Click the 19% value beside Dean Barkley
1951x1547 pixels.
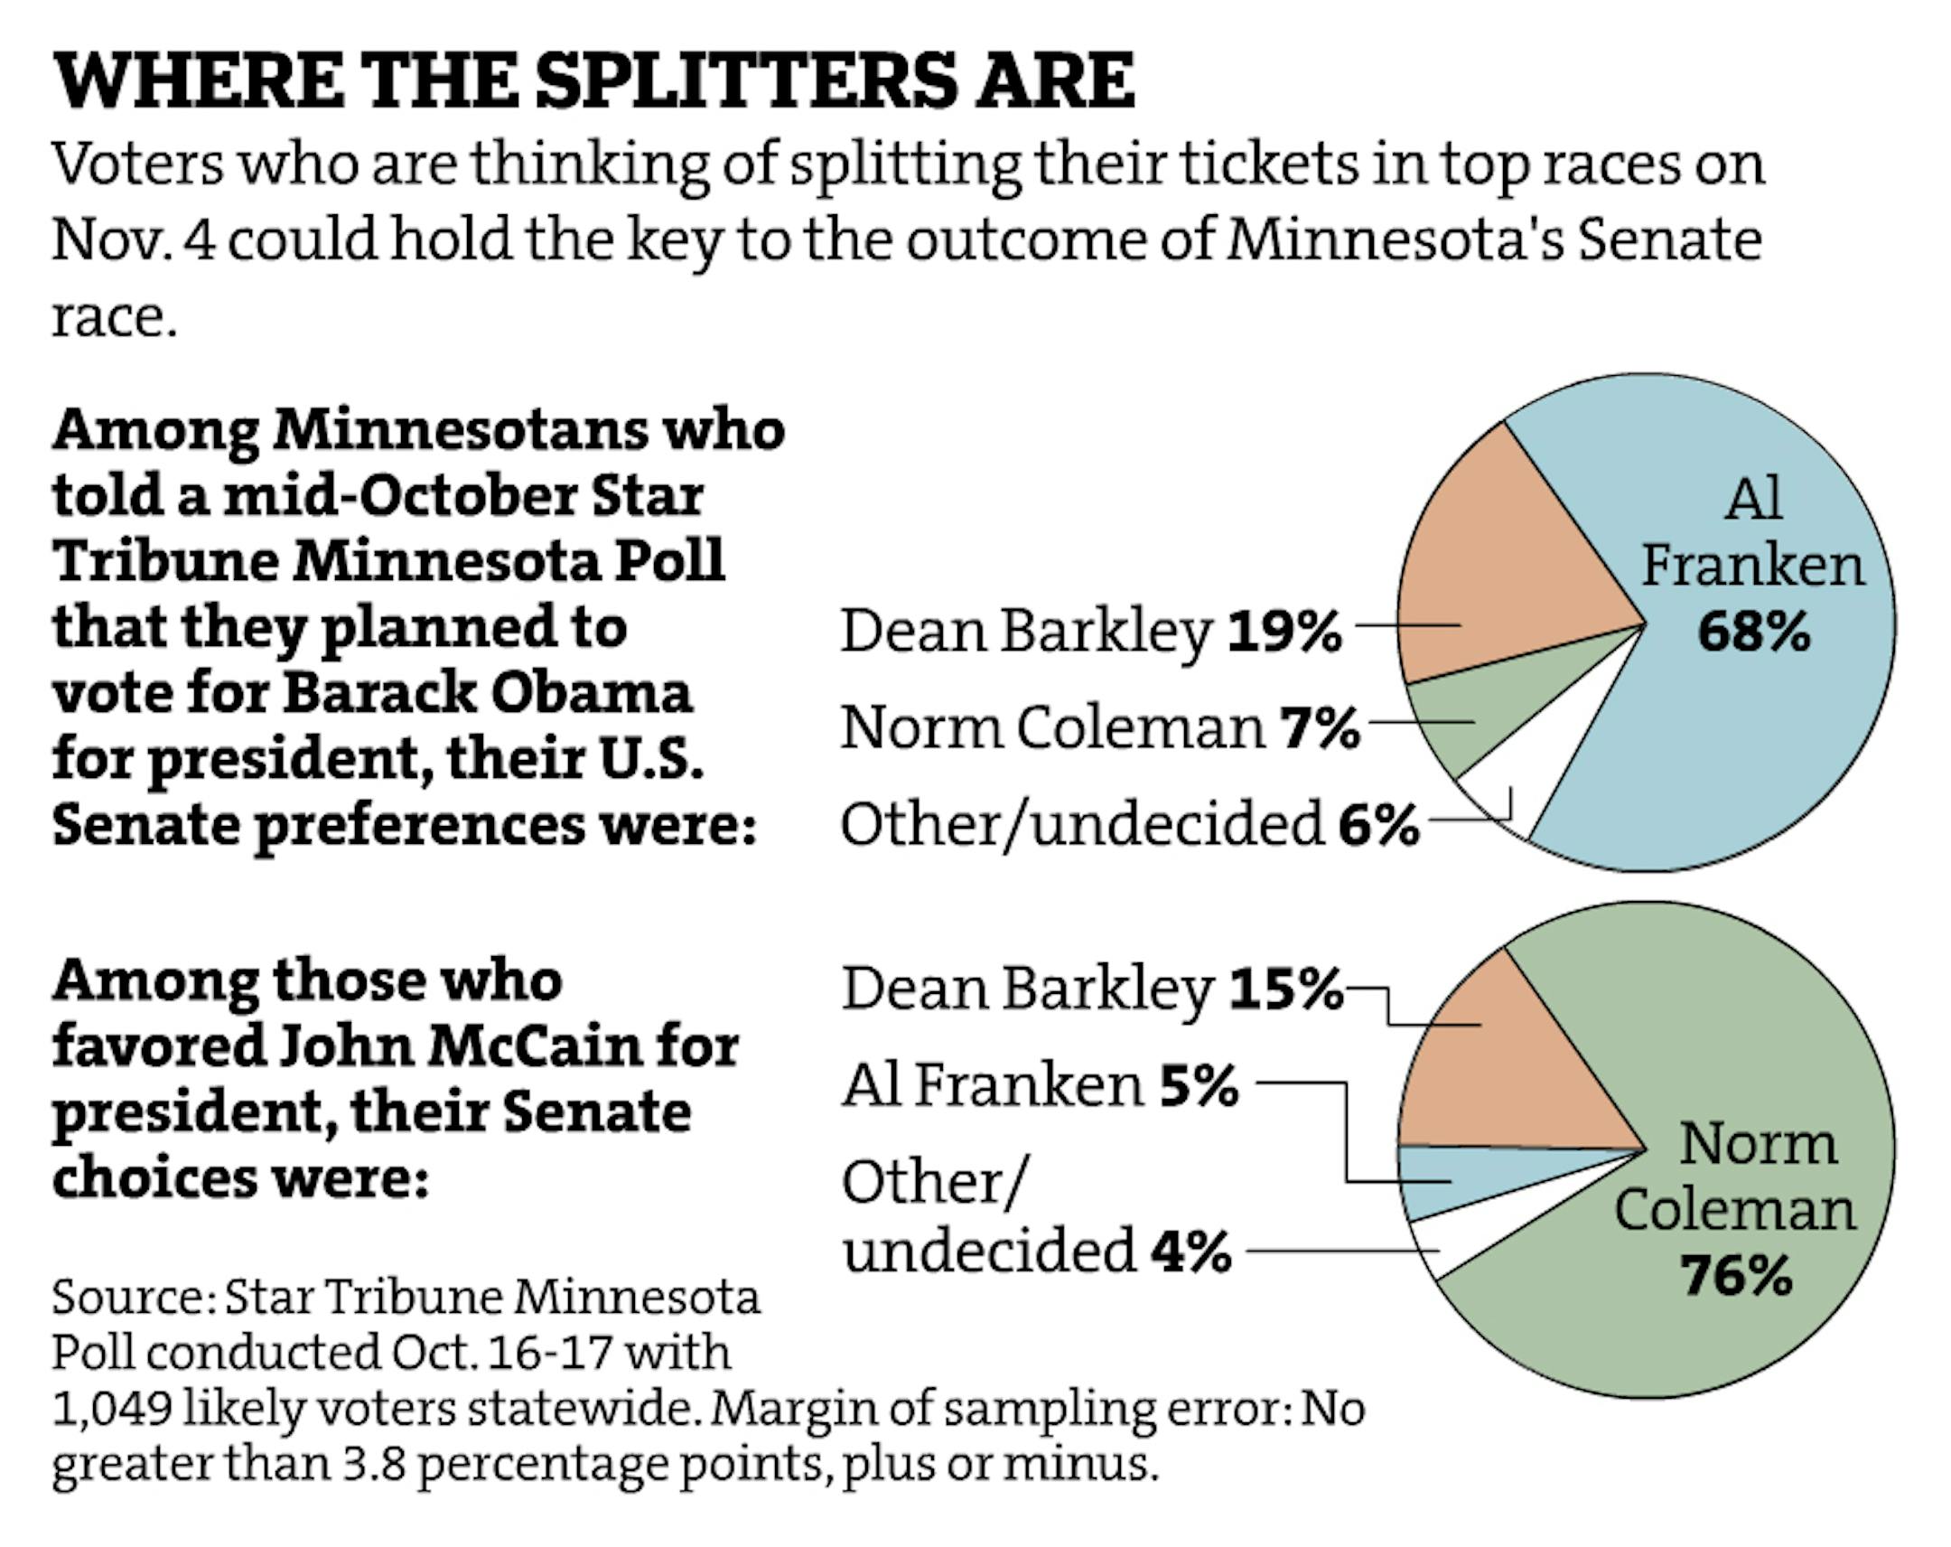[1284, 632]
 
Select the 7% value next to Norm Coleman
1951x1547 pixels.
[1319, 728]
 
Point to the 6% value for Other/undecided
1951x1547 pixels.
[1378, 825]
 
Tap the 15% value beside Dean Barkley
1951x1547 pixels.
[1286, 989]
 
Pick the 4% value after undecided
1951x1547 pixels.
[1190, 1251]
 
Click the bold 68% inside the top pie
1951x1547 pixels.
[1754, 632]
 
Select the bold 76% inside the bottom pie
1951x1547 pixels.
[1737, 1276]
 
